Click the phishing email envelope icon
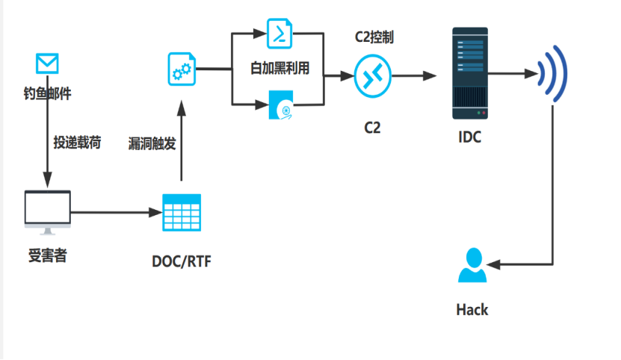pyautogui.click(x=47, y=63)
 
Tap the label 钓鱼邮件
pyautogui.click(x=47, y=93)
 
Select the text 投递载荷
pyautogui.click(x=76, y=142)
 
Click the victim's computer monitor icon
pyautogui.click(x=47, y=211)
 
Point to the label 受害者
pyautogui.click(x=47, y=255)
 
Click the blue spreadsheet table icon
pyautogui.click(x=182, y=212)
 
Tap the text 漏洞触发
pyautogui.click(x=152, y=143)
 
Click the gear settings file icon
pyautogui.click(x=181, y=69)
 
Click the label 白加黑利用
pyautogui.click(x=279, y=69)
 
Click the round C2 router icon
pyautogui.click(x=372, y=75)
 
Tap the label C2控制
pyautogui.click(x=374, y=37)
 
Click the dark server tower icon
pyautogui.click(x=470, y=73)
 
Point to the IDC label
pyautogui.click(x=470, y=137)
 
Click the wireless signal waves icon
pyautogui.click(x=554, y=73)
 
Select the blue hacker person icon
pyautogui.click(x=472, y=265)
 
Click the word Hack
pyautogui.click(x=472, y=308)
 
